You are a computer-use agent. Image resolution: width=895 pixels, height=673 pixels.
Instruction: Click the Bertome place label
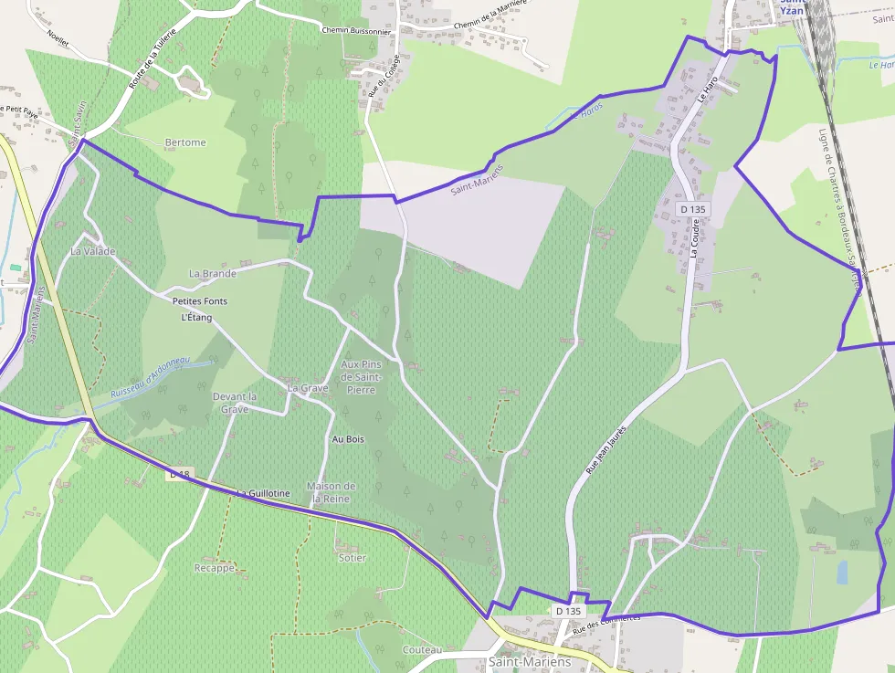point(185,142)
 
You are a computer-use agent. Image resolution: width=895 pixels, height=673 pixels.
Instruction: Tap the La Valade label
point(93,250)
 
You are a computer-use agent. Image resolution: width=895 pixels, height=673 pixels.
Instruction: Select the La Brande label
point(213,273)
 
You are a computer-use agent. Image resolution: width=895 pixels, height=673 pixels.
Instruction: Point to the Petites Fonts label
point(200,300)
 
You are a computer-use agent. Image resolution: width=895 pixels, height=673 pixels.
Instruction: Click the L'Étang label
point(196,317)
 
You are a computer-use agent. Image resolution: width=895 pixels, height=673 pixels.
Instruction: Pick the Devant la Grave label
point(235,403)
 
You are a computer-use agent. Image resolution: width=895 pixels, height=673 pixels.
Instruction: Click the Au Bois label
point(348,439)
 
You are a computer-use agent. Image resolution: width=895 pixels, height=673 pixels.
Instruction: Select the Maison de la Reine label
point(332,492)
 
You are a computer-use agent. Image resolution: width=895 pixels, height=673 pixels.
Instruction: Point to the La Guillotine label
point(264,493)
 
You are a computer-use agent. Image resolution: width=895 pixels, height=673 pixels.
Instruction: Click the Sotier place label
point(352,557)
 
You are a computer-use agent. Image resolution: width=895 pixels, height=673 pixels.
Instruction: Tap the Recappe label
point(216,568)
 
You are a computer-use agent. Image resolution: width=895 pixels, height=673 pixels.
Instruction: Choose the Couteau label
point(421,649)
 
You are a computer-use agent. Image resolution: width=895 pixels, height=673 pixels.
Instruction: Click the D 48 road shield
point(179,475)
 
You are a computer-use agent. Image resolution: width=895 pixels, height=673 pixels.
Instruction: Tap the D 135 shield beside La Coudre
point(692,209)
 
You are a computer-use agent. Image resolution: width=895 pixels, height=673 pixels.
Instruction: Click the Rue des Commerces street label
point(606,624)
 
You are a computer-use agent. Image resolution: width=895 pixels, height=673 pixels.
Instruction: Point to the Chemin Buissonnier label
point(356,30)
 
